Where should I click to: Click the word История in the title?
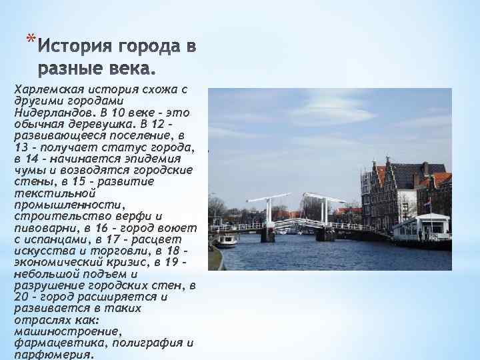[x=80, y=48]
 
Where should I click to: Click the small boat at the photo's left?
[x=225, y=240]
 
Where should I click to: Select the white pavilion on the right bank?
[x=420, y=227]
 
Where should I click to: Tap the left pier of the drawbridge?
[x=267, y=234]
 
